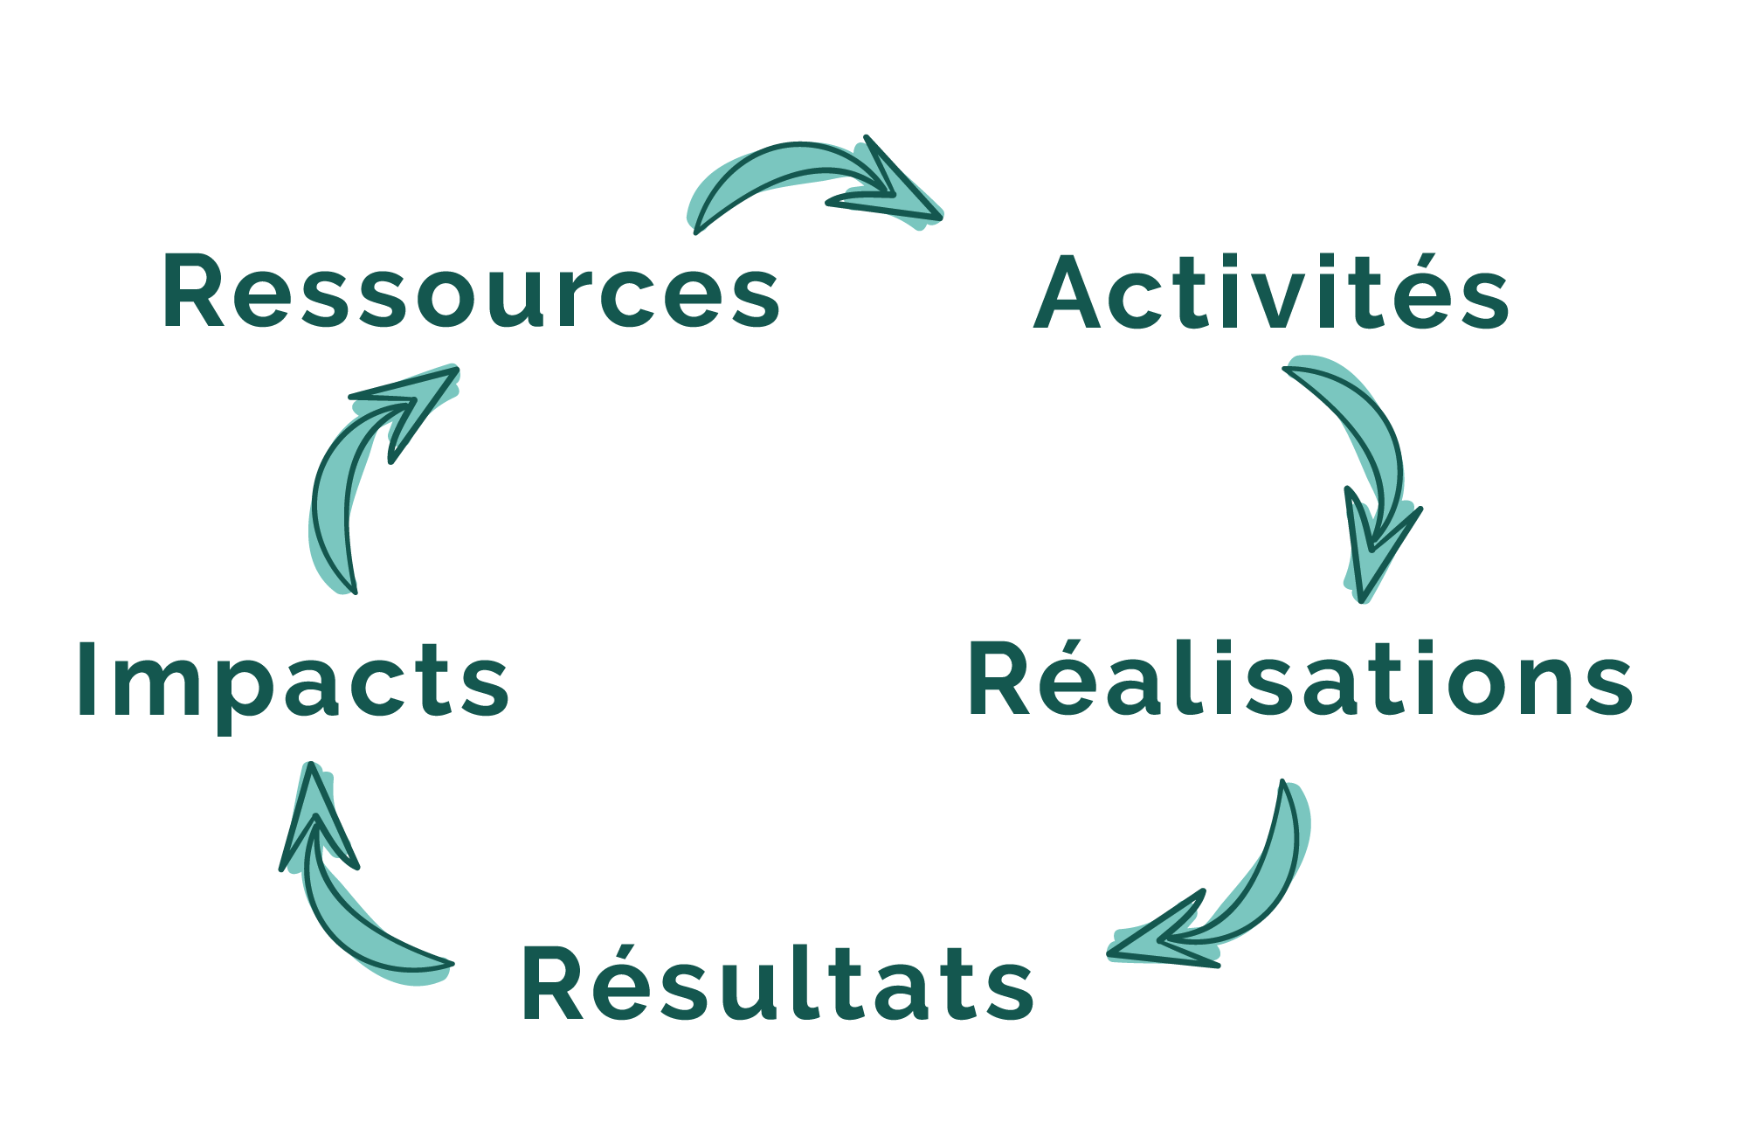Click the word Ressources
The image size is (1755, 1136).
(x=470, y=293)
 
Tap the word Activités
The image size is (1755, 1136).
(x=1271, y=293)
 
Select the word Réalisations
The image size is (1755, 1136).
(x=1299, y=679)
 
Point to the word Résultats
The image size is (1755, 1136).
(x=777, y=983)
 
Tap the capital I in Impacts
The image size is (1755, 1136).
(x=86, y=679)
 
